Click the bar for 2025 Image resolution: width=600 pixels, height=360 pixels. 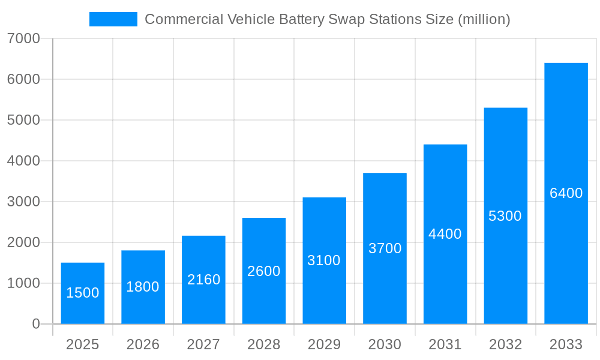coord(83,293)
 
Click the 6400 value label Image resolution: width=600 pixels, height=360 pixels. coord(566,193)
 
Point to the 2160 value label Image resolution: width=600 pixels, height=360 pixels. coord(203,280)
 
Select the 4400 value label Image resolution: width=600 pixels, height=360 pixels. coord(445,234)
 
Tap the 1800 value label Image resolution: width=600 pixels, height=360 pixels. coord(143,287)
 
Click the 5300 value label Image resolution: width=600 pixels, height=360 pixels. coord(505,216)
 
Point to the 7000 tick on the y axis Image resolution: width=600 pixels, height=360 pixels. coord(23,38)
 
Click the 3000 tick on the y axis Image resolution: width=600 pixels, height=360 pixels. coord(23,202)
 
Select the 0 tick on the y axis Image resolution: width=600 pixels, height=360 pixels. coord(35,324)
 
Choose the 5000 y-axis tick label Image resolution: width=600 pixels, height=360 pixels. coord(23,120)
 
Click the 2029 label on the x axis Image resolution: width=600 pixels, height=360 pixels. coord(324,345)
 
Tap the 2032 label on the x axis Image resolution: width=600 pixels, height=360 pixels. coord(505,345)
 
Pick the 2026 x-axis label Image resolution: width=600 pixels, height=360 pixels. coord(143,345)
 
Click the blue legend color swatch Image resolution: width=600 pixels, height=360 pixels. coord(113,19)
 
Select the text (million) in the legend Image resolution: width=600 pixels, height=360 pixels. coord(484,19)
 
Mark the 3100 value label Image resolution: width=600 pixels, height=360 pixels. coord(324,260)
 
